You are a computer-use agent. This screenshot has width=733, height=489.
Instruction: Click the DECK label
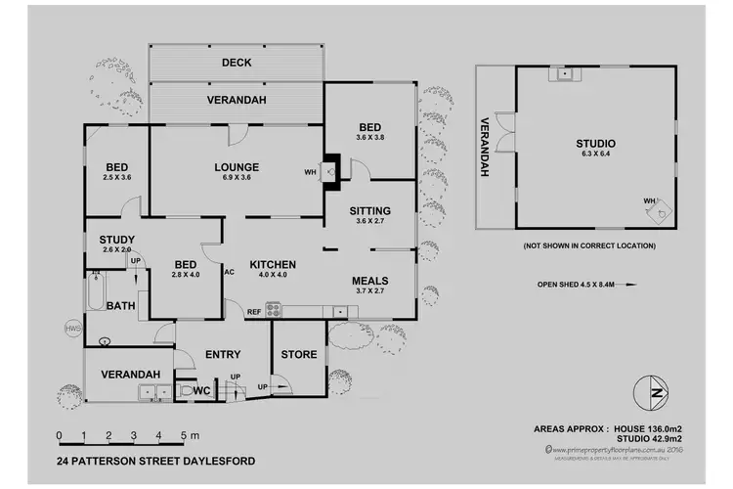coord(236,63)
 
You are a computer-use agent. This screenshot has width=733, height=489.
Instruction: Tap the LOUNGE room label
coord(237,166)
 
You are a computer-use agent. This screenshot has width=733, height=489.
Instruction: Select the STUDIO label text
coord(595,144)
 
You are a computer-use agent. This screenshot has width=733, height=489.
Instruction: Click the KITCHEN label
coord(273,265)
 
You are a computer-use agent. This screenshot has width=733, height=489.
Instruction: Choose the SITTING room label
coord(370,210)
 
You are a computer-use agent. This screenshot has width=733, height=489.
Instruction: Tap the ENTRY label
coord(223,354)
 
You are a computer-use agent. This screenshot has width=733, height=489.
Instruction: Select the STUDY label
coord(116,239)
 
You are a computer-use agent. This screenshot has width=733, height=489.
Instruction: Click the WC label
coord(202,390)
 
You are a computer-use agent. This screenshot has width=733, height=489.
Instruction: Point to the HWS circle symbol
coord(71,328)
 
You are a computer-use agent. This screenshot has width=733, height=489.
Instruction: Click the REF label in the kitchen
coord(253,311)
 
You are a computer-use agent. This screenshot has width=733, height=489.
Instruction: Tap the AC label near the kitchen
coord(229,272)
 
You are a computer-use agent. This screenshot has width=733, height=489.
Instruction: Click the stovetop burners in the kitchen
coord(274,311)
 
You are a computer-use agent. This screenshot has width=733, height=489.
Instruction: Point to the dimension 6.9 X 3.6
coord(237,178)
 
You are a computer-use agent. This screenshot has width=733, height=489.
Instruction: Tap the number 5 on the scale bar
coord(183,435)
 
